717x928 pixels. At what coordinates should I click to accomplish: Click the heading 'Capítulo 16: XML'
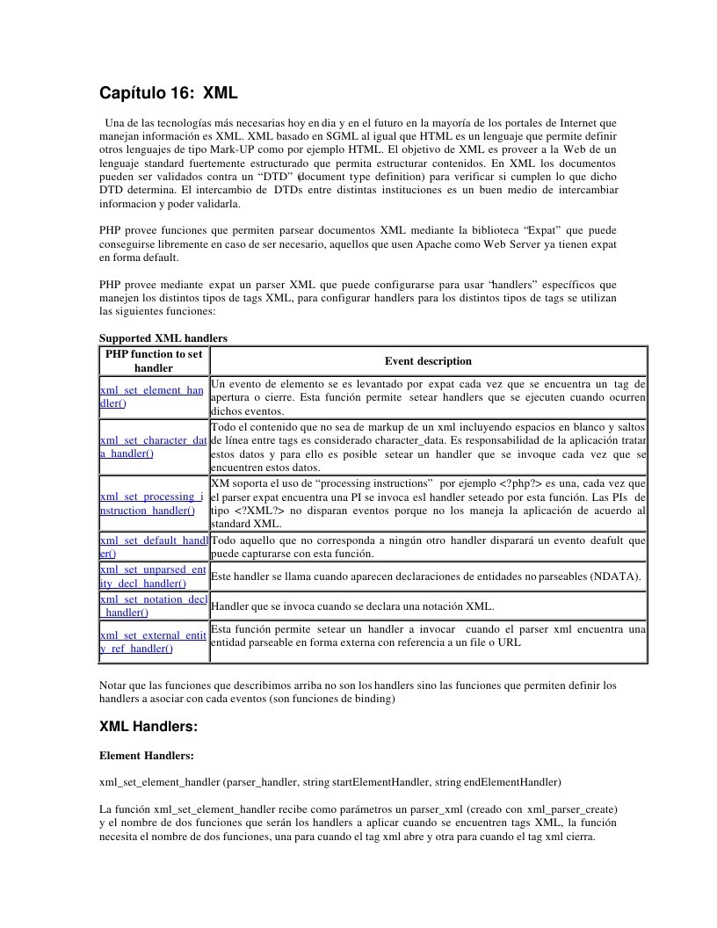pyautogui.click(x=168, y=93)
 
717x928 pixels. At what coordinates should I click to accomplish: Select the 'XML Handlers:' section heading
pyautogui.click(x=148, y=727)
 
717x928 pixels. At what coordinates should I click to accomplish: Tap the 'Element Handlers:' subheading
pyautogui.click(x=146, y=756)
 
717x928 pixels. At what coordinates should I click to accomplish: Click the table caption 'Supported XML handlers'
pyautogui.click(x=163, y=338)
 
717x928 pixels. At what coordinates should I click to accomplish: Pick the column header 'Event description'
pyautogui.click(x=428, y=361)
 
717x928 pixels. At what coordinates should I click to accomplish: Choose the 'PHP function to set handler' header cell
pyautogui.click(x=154, y=361)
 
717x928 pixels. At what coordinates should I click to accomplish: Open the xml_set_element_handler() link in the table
pyautogui.click(x=151, y=396)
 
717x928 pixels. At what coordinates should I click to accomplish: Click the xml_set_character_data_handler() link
pyautogui.click(x=153, y=446)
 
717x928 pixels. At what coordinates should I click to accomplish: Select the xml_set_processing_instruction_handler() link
pyautogui.click(x=151, y=504)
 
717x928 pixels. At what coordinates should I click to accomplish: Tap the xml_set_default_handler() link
pyautogui.click(x=153, y=547)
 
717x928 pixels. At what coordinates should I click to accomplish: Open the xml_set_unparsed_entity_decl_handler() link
pyautogui.click(x=152, y=576)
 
